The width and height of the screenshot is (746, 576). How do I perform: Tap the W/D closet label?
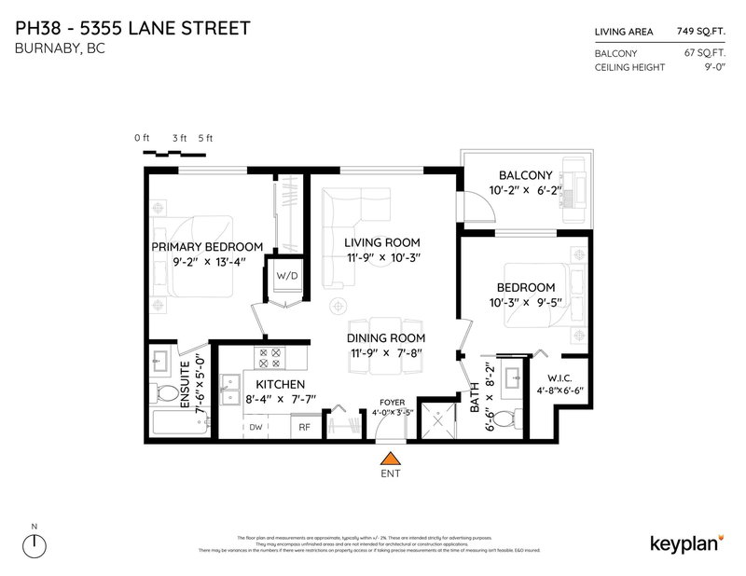click(x=284, y=277)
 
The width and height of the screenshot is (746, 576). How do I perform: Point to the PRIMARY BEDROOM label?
click(x=204, y=247)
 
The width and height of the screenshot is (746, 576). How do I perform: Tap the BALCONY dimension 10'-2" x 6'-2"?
click(x=525, y=191)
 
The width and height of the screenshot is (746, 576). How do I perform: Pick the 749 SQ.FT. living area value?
click(x=702, y=32)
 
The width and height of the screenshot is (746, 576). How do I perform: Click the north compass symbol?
click(x=35, y=545)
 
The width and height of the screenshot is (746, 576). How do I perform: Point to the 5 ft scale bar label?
click(x=205, y=138)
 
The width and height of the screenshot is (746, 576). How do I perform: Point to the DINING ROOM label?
click(x=386, y=337)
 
